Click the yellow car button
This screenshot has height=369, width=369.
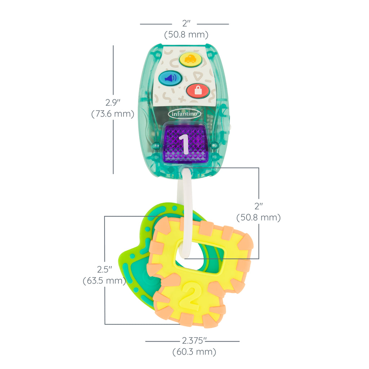[190, 59]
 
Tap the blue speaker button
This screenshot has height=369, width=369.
[170, 78]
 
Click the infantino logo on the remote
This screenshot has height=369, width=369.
[184, 114]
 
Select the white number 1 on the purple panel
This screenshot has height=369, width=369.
[184, 144]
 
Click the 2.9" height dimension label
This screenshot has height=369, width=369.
[113, 103]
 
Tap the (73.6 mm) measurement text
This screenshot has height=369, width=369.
[113, 114]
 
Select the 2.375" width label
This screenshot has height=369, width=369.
[194, 341]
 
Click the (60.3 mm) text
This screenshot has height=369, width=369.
[194, 352]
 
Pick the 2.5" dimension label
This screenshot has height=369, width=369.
[105, 270]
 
